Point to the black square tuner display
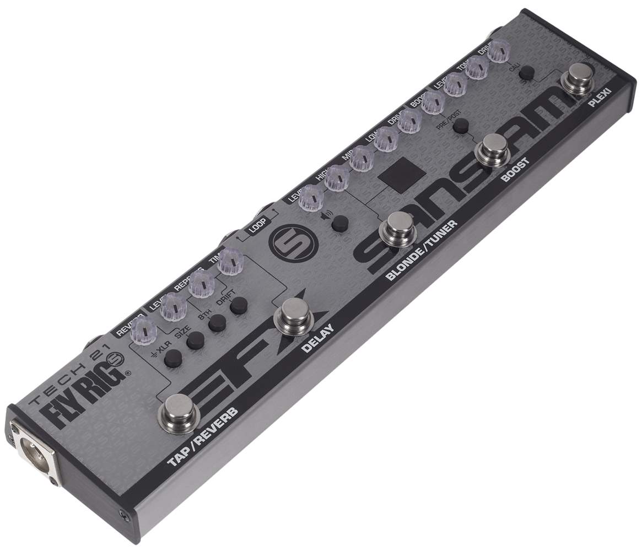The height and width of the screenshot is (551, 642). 402,175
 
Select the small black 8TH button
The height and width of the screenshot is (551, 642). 217,323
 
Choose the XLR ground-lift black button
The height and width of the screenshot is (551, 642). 172,358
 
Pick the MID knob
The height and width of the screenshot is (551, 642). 361,159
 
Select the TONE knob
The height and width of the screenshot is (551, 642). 478,67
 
